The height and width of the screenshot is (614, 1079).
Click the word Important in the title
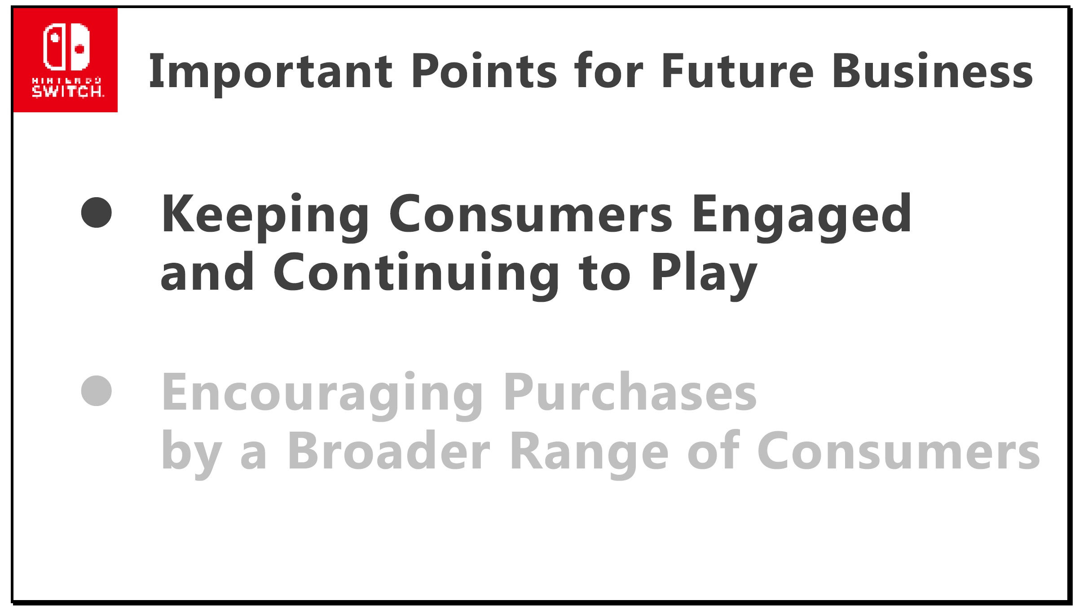point(271,71)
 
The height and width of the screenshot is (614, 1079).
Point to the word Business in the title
point(933,70)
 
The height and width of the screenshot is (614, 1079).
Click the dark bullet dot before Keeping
point(97,212)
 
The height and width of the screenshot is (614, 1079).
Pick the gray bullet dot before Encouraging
point(97,391)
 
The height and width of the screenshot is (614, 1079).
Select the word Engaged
point(802,216)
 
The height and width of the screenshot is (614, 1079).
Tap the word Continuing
point(416,274)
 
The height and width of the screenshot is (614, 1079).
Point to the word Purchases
point(630,392)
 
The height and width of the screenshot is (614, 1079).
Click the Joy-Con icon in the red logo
point(66,47)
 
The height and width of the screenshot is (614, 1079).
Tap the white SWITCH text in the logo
point(67,91)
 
